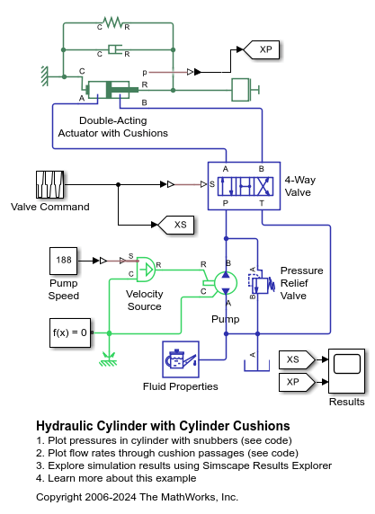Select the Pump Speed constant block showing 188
(x=63, y=261)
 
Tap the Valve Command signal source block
(x=49, y=184)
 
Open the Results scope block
(x=346, y=369)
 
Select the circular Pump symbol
(x=226, y=282)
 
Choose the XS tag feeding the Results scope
(x=296, y=359)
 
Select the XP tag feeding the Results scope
(x=296, y=381)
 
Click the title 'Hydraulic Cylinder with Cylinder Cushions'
(x=163, y=425)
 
